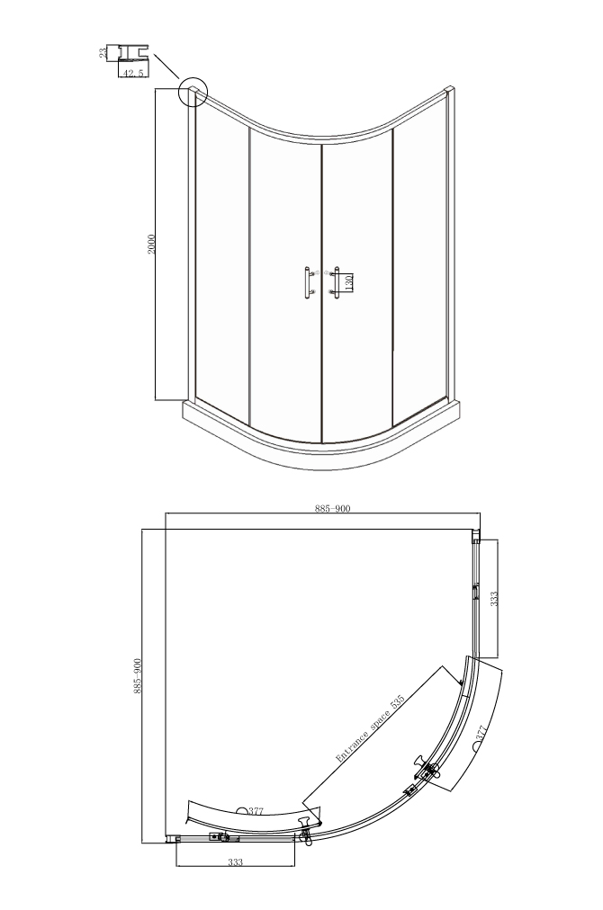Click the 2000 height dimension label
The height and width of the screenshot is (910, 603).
point(151,245)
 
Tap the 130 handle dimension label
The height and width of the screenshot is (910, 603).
point(348,282)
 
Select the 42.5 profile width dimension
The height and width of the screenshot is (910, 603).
point(133,73)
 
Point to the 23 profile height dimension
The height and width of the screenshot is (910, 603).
point(103,53)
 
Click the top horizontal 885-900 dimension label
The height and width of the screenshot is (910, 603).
point(333,508)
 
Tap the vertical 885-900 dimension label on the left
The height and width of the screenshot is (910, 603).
point(138,676)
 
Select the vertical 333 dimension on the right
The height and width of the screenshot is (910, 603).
point(494,599)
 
